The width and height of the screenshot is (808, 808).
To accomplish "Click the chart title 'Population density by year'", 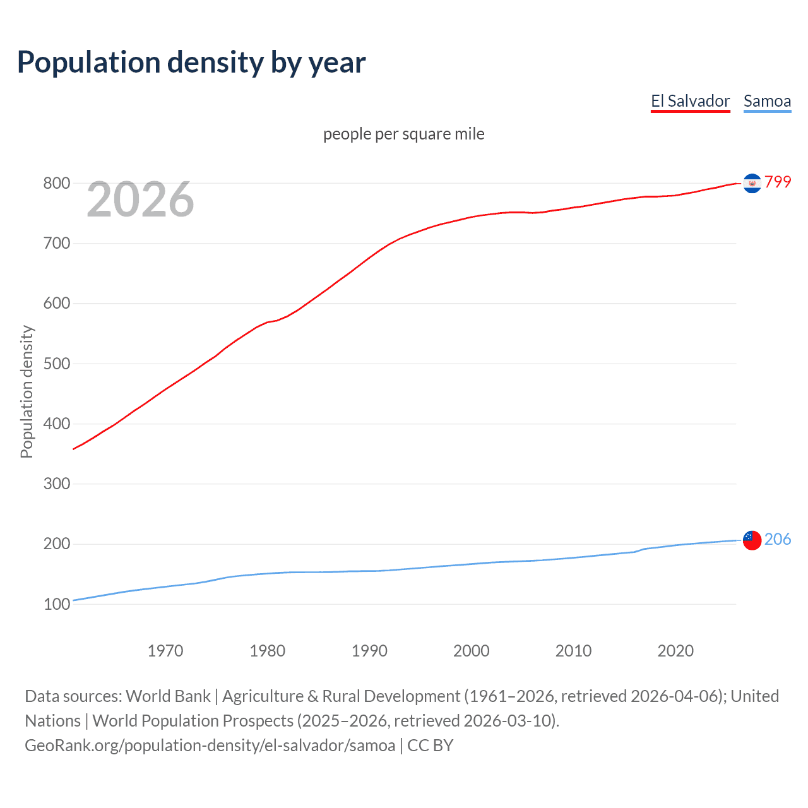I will tap(191, 62).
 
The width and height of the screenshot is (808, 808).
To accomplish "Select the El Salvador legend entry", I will tap(690, 101).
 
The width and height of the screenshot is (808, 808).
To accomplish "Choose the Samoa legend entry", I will tap(767, 101).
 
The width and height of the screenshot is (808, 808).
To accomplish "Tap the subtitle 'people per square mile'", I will tap(403, 134).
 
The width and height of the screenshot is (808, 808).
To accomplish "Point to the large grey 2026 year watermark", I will tap(140, 199).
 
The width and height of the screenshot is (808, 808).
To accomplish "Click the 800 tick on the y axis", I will tap(56, 183).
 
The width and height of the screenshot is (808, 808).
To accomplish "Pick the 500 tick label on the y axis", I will tap(56, 364).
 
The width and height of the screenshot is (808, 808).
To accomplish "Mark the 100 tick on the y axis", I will tap(56, 604).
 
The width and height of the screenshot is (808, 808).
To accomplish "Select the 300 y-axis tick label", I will tap(56, 484).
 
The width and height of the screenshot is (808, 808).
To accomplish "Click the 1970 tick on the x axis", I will tap(165, 651).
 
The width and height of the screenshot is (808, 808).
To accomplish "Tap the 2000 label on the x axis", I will tap(471, 651).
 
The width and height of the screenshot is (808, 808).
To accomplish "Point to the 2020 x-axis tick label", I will tap(675, 651).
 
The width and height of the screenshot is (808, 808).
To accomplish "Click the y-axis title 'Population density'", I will tap(27, 391).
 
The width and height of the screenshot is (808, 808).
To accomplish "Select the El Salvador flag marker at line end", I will tap(752, 183).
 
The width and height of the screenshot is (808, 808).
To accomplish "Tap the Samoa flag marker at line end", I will tap(752, 540).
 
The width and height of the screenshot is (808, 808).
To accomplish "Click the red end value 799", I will tap(778, 182).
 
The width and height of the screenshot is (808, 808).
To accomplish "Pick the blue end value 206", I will tap(778, 539).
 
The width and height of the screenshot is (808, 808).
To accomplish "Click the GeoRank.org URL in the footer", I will tap(210, 746).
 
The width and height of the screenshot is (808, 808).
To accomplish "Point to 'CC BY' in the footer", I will tap(431, 746).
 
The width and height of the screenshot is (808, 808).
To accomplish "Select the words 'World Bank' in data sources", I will tap(168, 696).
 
